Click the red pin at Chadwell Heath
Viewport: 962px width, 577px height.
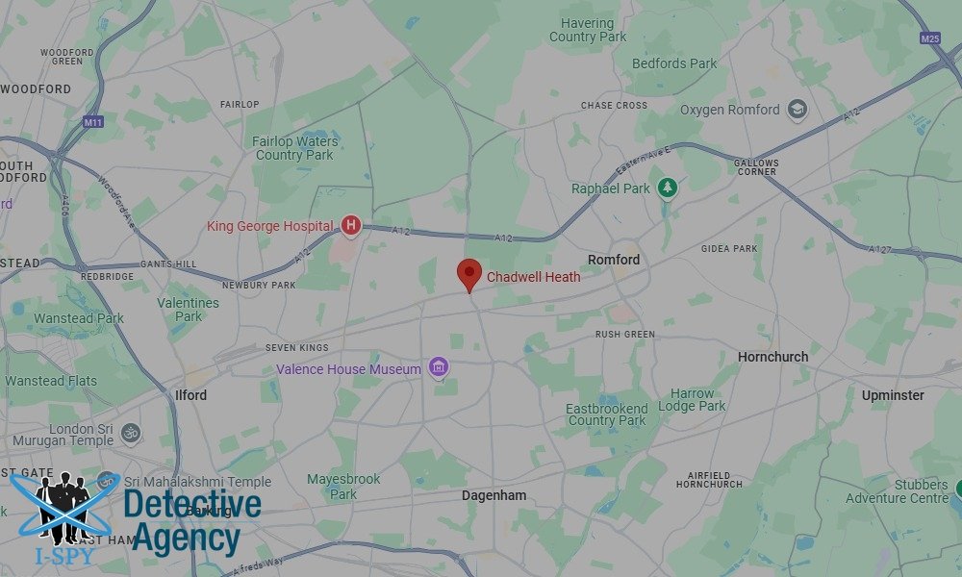tap(468, 273)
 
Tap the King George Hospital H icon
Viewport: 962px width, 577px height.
tap(351, 226)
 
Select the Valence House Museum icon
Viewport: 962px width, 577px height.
tap(439, 367)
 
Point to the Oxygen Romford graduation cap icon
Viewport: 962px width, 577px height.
tap(797, 109)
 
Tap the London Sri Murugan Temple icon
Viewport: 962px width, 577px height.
tap(131, 433)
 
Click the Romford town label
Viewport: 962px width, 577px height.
tap(614, 260)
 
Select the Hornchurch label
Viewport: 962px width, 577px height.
tap(772, 357)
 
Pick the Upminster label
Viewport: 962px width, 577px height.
tap(893, 395)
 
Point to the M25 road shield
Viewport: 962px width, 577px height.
tap(929, 38)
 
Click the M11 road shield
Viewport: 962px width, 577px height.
tap(93, 122)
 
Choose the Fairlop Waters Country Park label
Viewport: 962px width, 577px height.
tap(294, 148)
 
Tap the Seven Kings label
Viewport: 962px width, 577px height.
tap(297, 348)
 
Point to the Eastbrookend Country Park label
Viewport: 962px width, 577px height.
tap(606, 414)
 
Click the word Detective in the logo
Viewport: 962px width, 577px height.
tap(192, 503)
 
